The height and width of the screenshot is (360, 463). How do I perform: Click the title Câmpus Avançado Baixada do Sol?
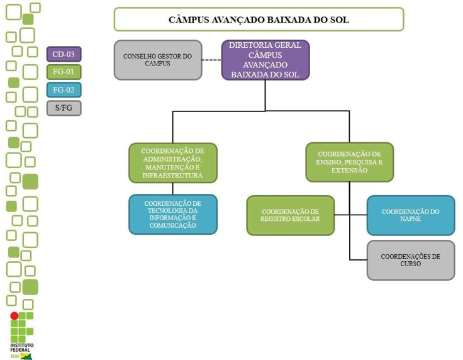click(258, 20)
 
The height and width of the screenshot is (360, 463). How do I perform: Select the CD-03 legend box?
click(64, 54)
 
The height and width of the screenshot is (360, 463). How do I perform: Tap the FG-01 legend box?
click(64, 72)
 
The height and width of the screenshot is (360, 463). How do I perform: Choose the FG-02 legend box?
click(64, 90)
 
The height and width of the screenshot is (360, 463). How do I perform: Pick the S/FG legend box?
click(64, 108)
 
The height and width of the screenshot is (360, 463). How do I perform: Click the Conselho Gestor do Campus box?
click(158, 60)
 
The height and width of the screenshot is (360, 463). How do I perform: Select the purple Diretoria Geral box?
click(265, 60)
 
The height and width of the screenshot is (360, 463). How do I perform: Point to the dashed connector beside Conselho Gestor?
click(212, 60)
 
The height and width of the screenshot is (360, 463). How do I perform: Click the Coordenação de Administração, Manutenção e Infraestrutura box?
click(173, 163)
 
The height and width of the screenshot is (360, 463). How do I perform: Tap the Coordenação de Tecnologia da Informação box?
click(173, 214)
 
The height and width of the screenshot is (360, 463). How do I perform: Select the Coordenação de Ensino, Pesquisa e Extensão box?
click(350, 162)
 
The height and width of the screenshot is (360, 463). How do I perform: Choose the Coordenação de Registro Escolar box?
click(290, 215)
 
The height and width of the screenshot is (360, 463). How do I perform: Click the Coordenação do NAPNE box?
click(410, 215)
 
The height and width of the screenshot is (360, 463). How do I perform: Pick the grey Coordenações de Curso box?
click(410, 259)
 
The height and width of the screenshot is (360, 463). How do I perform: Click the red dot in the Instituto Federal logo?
click(14, 316)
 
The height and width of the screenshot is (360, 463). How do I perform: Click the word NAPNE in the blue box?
click(410, 219)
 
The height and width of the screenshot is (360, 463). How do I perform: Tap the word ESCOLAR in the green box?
click(305, 219)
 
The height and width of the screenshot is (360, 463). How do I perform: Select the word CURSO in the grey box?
click(410, 264)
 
